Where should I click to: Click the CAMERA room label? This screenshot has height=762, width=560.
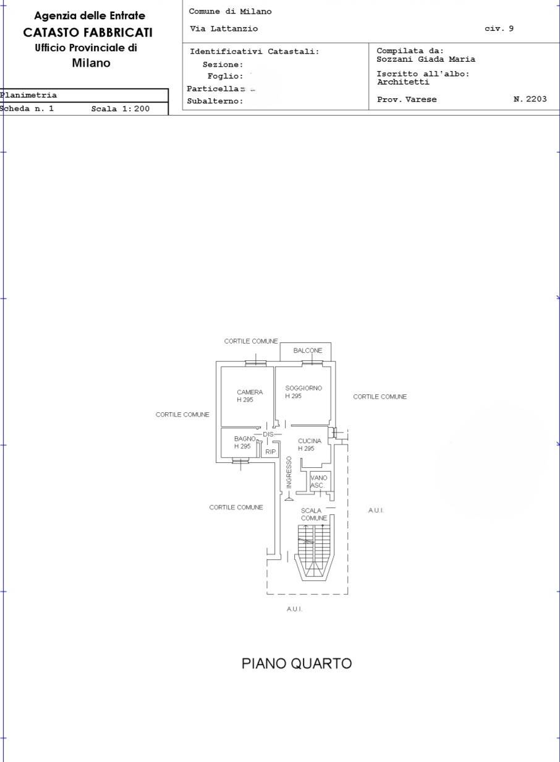(250, 392)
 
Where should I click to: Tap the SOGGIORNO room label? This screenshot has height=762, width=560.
(303, 388)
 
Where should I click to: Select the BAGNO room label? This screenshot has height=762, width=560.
(245, 439)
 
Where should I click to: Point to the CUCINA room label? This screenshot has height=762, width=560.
(310, 441)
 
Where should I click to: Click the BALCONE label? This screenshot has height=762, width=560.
(308, 350)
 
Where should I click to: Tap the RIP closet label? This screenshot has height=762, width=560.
(271, 452)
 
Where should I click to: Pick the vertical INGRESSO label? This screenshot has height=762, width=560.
(289, 473)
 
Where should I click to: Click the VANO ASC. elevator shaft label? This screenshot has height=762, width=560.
(318, 481)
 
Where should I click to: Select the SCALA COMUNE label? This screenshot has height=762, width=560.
(313, 514)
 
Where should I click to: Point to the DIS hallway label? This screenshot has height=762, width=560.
(268, 434)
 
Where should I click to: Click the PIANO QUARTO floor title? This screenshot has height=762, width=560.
(296, 663)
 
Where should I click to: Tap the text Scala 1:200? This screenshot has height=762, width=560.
(121, 109)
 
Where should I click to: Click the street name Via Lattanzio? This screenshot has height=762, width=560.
(224, 29)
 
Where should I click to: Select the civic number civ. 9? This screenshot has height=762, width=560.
(499, 28)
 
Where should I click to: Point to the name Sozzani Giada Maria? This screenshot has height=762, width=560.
(426, 59)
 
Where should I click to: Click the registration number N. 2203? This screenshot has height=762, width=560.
(530, 99)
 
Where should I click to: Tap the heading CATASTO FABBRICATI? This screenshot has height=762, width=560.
(88, 33)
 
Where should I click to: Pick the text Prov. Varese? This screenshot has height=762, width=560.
(407, 99)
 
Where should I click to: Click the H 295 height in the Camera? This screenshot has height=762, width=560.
(245, 400)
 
